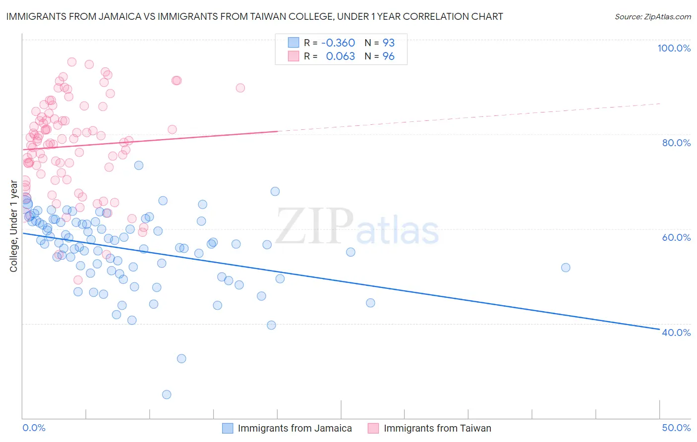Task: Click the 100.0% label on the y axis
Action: [674, 48]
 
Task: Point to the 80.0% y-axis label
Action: [676, 143]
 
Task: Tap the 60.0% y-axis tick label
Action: [676, 237]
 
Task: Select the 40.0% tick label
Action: [676, 332]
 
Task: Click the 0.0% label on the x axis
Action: [34, 428]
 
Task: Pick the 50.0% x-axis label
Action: [676, 428]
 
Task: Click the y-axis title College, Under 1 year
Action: [14, 226]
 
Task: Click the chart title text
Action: [254, 16]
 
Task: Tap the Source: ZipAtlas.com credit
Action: [652, 16]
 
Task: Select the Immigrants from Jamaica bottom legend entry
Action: [294, 428]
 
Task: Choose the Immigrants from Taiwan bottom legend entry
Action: [437, 428]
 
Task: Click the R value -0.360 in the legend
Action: [338, 43]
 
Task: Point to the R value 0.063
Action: [341, 56]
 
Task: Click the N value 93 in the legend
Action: [388, 43]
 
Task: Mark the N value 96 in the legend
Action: [388, 56]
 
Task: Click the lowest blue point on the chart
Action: [167, 394]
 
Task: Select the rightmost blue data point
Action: [566, 268]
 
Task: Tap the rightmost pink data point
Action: [240, 88]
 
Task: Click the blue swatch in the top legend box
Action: [293, 43]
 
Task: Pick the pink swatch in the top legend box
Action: [293, 56]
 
